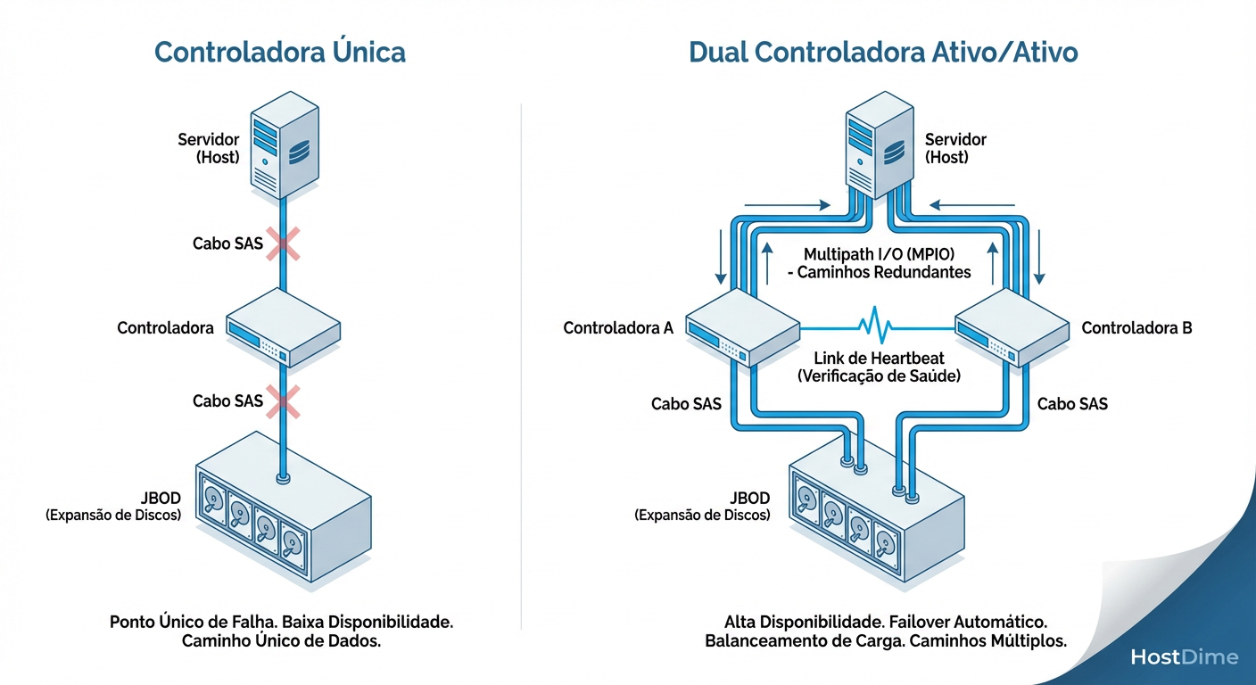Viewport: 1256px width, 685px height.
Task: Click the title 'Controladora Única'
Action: pyautogui.click(x=280, y=52)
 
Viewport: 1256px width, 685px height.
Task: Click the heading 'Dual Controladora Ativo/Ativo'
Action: pyautogui.click(x=883, y=52)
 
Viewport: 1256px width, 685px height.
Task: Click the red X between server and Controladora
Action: pyautogui.click(x=283, y=243)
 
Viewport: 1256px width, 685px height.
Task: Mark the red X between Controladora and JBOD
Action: pyautogui.click(x=283, y=401)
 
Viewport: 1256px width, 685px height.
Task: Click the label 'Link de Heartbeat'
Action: pyautogui.click(x=879, y=359)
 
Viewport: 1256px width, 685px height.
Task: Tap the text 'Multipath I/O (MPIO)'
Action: pyautogui.click(x=879, y=254)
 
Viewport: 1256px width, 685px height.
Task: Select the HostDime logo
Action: pyautogui.click(x=1184, y=657)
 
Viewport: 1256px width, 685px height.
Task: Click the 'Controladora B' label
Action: pyautogui.click(x=1136, y=328)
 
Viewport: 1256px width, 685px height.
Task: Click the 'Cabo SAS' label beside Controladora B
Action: pyautogui.click(x=1072, y=404)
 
